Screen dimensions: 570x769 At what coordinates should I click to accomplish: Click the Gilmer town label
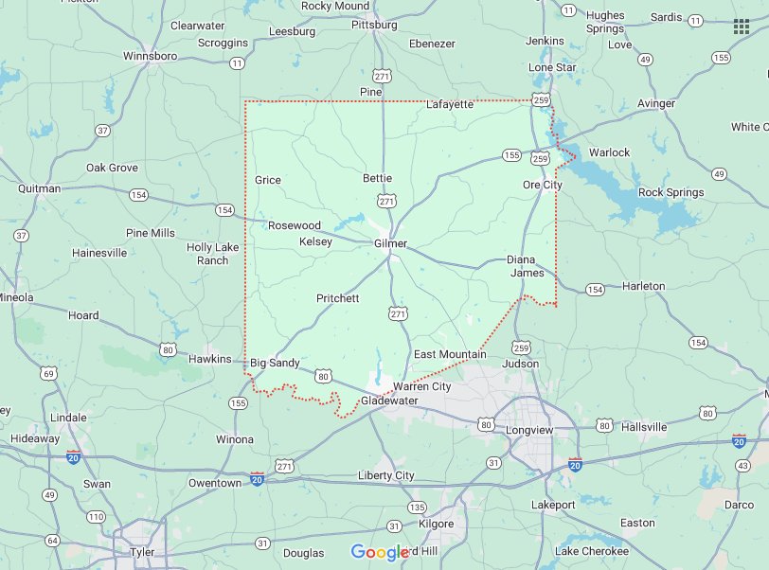click(x=390, y=243)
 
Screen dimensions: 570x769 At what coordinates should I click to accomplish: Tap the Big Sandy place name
click(x=275, y=363)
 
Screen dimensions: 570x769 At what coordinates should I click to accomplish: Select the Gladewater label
click(x=388, y=401)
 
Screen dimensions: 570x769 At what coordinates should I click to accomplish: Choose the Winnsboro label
click(x=151, y=56)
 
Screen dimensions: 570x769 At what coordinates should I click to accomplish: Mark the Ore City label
click(x=543, y=185)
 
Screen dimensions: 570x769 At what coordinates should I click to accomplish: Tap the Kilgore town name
click(x=436, y=524)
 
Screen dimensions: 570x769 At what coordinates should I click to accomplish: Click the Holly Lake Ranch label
click(x=213, y=254)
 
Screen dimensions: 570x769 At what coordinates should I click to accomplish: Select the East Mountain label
click(x=450, y=354)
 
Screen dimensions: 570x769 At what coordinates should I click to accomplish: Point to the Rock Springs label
click(x=671, y=192)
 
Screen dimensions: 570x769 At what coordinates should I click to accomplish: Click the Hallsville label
click(x=644, y=427)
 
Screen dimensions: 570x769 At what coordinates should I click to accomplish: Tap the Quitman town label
click(x=39, y=188)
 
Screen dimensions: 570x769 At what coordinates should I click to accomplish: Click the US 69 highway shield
click(x=48, y=374)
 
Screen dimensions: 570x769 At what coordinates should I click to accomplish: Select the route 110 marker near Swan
click(x=96, y=517)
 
